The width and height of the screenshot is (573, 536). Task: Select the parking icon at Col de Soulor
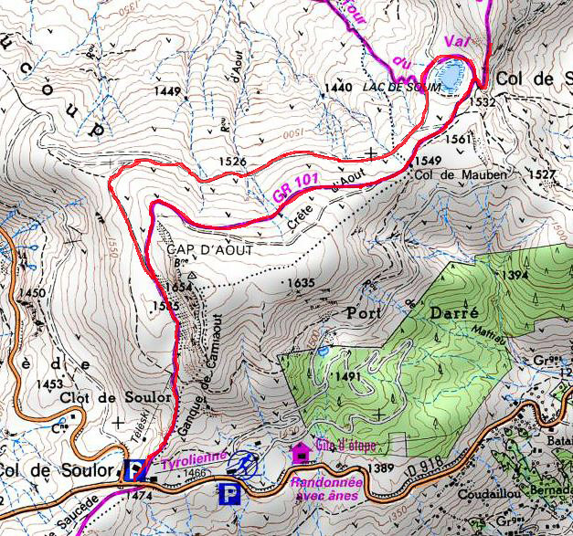pyautogui.click(x=135, y=468)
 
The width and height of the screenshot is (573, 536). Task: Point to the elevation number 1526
pyautogui.click(x=232, y=162)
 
